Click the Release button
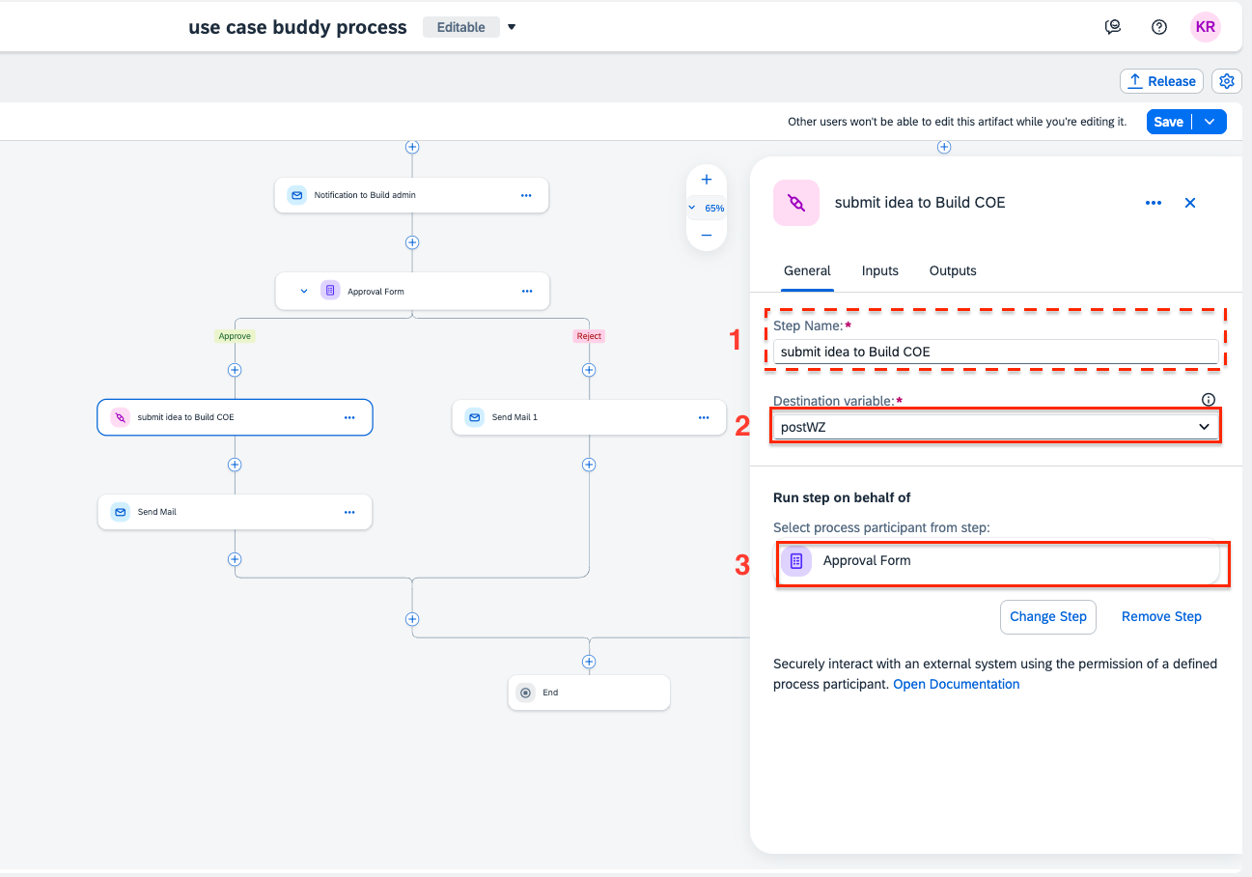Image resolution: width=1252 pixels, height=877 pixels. [x=1161, y=82]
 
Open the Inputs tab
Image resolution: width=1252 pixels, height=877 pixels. [x=879, y=271]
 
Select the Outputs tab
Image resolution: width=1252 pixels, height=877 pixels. [x=953, y=271]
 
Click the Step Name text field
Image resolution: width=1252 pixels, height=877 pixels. [x=995, y=352]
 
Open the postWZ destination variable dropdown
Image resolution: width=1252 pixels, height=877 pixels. [x=995, y=427]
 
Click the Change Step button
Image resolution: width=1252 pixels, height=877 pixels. [x=1048, y=617]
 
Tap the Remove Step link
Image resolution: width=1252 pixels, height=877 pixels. [x=1161, y=617]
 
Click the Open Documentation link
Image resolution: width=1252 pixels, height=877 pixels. [x=957, y=685]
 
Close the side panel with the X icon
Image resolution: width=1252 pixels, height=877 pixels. [x=1190, y=203]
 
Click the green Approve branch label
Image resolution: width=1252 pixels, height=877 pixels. [x=235, y=336]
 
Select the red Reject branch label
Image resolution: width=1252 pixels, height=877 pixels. [x=589, y=336]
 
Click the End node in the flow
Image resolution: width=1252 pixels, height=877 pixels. [x=589, y=693]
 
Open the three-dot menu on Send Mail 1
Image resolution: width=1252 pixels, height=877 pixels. [x=704, y=418]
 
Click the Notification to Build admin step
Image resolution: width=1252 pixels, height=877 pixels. [x=412, y=195]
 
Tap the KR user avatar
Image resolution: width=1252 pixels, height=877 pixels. [x=1205, y=27]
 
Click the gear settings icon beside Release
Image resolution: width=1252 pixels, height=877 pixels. [x=1226, y=82]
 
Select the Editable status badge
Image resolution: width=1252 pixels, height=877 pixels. [x=461, y=27]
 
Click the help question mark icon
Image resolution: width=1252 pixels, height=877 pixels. [x=1159, y=27]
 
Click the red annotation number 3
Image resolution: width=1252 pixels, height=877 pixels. [x=742, y=565]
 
